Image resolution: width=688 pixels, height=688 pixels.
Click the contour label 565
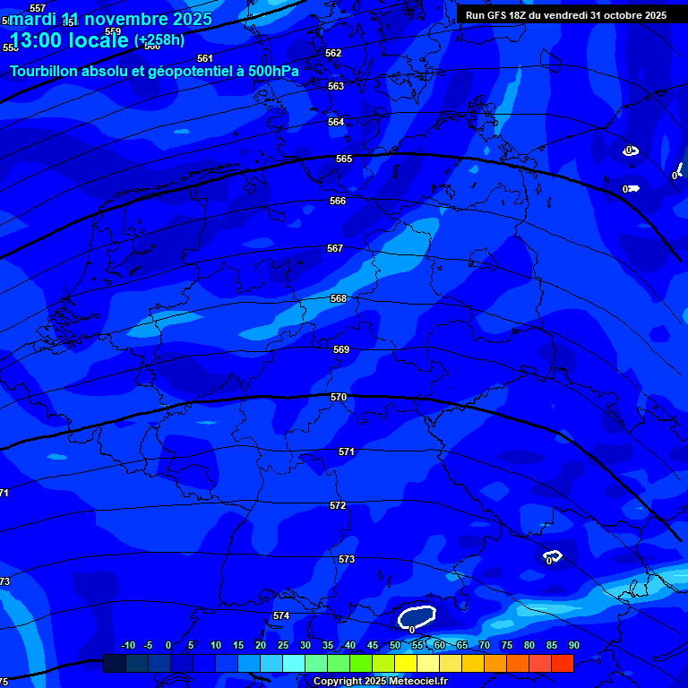click(x=344, y=159)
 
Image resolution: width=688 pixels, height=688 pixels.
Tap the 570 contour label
click(x=339, y=397)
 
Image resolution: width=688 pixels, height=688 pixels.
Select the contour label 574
click(x=281, y=615)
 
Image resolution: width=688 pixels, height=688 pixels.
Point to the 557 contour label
click(x=38, y=8)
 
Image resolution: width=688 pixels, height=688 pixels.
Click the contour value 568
click(x=339, y=298)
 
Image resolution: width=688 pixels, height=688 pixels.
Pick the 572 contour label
click(x=338, y=506)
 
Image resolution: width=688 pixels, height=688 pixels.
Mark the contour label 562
click(x=333, y=53)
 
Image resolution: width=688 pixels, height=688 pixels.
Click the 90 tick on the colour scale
click(x=573, y=645)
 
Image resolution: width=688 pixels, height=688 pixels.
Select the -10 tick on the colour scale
click(x=127, y=645)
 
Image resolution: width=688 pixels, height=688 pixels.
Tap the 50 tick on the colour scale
click(x=395, y=645)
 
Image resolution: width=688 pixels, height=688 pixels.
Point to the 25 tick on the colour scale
click(x=283, y=645)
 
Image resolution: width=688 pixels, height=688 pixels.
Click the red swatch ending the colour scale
click(x=562, y=663)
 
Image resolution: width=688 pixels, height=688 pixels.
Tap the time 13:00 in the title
click(x=39, y=40)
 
